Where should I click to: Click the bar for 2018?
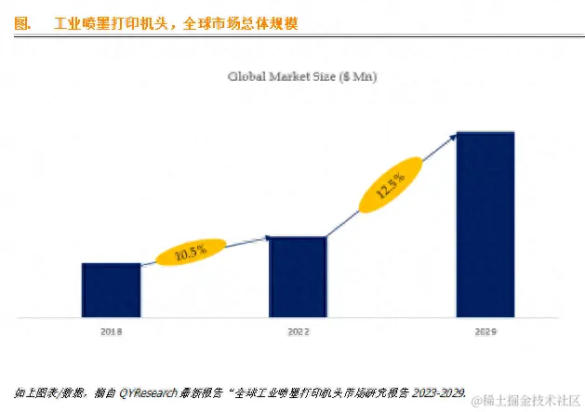pos(111,290)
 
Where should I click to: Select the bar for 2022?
pos(298,277)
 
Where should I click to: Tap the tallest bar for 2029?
pos(485,224)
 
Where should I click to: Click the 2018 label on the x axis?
pos(111,331)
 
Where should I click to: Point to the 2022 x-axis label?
pos(298,331)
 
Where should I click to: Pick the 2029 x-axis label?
pos(485,332)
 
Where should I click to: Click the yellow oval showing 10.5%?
pos(191,252)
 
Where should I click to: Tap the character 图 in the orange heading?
pos(21,21)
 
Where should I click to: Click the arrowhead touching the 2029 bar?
pos(454,137)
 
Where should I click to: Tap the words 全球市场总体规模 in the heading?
pos(243,21)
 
